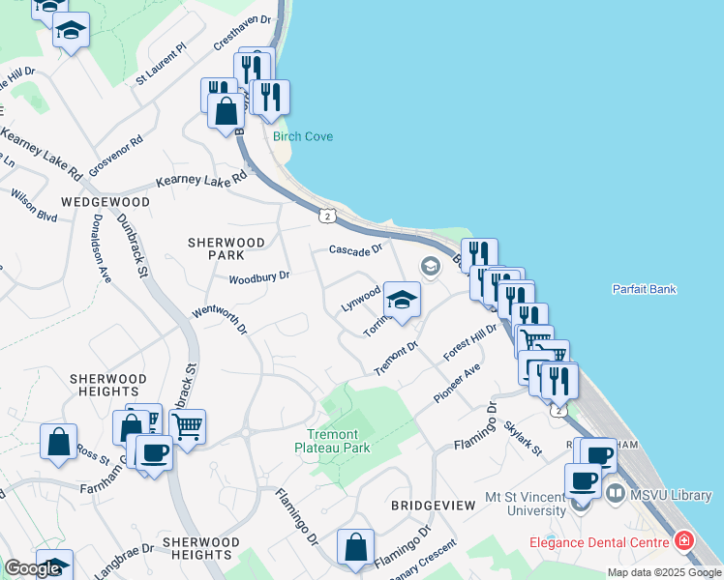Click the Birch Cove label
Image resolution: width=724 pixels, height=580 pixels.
(303, 136)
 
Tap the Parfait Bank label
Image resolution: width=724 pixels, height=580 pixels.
(644, 289)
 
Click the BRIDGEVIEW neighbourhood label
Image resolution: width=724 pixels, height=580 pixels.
(433, 506)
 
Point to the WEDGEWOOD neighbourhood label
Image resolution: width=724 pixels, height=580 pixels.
(106, 202)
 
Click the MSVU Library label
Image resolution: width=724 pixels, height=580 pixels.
(670, 496)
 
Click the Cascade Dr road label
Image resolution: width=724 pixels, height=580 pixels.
(349, 250)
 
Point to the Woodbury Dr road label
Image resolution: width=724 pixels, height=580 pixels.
(258, 278)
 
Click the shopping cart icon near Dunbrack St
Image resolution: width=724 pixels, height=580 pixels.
(188, 424)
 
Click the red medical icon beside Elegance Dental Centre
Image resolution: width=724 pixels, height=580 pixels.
(684, 540)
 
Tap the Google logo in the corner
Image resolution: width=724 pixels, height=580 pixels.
(32, 569)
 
